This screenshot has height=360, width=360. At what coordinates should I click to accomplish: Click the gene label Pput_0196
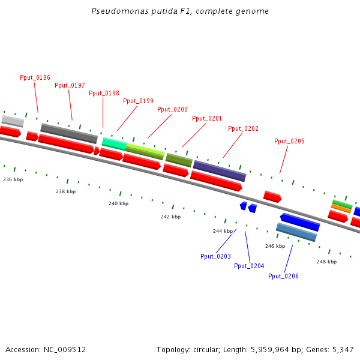(35, 77)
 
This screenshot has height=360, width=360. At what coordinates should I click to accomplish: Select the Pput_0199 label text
(138, 101)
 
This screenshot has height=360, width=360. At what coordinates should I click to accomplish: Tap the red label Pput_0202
(243, 128)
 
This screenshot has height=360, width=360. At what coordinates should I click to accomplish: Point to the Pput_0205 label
(289, 141)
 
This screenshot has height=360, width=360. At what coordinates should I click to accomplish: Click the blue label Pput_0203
(215, 256)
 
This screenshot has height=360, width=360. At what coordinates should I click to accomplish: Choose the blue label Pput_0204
(249, 266)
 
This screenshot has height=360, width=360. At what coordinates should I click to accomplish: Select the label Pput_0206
(283, 276)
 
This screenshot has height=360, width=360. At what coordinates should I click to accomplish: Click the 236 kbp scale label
(13, 179)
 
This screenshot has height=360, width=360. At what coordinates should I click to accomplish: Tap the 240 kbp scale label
(118, 203)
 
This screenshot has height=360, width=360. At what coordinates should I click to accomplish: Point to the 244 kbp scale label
(223, 231)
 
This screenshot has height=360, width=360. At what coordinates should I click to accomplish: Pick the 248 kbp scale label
(326, 262)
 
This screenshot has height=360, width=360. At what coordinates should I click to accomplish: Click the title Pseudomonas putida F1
(180, 11)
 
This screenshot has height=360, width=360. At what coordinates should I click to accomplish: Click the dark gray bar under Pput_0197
(69, 133)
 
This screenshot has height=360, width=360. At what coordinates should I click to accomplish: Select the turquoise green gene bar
(114, 143)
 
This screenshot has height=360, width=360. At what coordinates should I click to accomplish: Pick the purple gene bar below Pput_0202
(219, 170)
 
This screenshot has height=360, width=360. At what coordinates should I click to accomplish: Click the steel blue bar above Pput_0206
(296, 232)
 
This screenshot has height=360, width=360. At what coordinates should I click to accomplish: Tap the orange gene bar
(341, 208)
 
